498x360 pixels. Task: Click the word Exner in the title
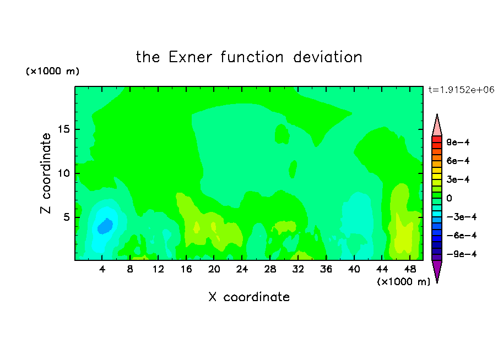coord(190,57)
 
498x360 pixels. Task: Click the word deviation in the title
coord(327,57)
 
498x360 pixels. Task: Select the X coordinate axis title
coord(249,297)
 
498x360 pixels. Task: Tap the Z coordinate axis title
coord(46,173)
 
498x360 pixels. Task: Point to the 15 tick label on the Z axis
coord(63,129)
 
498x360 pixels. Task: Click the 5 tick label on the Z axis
coord(66,217)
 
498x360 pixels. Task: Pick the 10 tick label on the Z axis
coord(63,173)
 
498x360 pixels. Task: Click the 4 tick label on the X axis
coord(102,269)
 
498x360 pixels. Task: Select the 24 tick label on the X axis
coord(242,269)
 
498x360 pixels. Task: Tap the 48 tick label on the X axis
coord(410,269)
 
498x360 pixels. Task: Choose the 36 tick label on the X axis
coord(326,269)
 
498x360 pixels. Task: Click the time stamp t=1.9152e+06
coord(461,90)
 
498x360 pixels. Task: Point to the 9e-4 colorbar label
coord(458,142)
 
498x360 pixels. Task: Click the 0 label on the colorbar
coord(449,198)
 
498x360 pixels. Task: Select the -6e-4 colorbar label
coord(462,236)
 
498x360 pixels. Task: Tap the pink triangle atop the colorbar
coord(437,126)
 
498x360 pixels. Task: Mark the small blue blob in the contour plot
coord(105,226)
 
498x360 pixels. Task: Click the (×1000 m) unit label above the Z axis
coord(52,71)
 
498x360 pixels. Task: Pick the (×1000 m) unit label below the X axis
coord(403,282)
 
